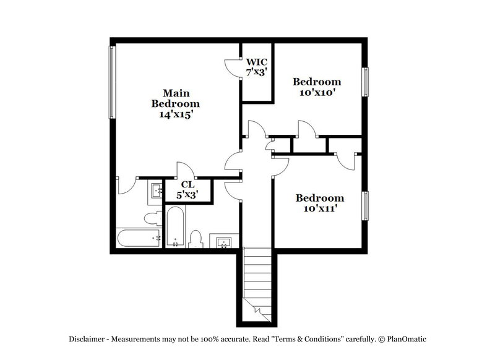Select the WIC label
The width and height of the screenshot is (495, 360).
click(x=257, y=62)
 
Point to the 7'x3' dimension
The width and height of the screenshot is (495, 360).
click(x=257, y=72)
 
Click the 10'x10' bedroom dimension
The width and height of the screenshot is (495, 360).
click(x=317, y=92)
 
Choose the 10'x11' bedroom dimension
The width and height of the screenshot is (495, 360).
click(x=319, y=208)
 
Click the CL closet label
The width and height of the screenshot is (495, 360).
click(x=188, y=184)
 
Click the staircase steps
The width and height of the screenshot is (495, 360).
click(x=256, y=278)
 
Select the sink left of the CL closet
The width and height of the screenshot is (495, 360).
click(x=155, y=191)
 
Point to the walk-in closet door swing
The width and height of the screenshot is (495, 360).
click(x=231, y=66)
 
